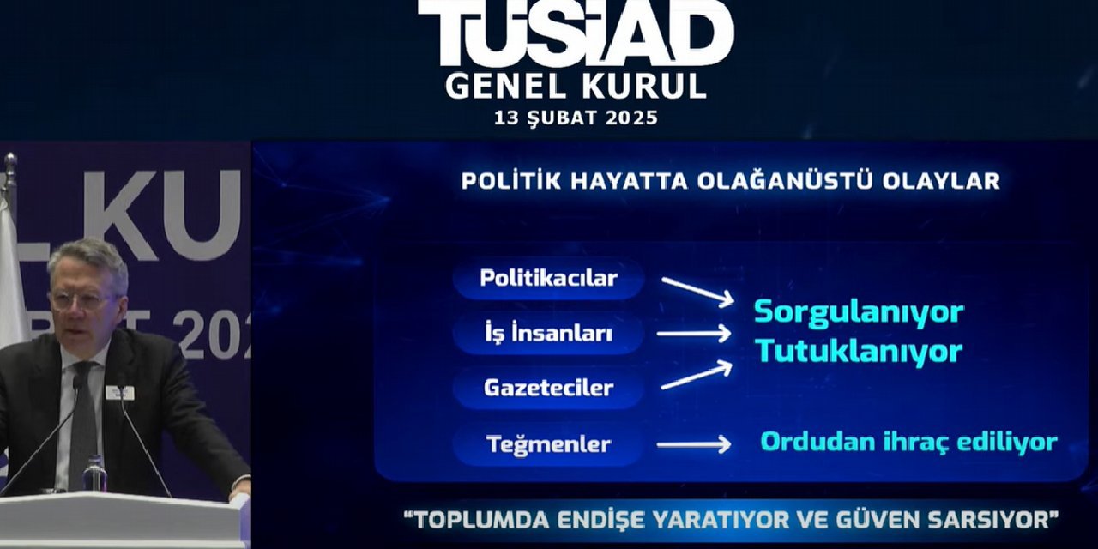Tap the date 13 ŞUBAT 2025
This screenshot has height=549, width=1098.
576,118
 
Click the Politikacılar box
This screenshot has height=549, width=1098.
549,279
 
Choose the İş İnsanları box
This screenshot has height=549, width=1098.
549,333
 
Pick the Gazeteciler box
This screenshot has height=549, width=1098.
549,388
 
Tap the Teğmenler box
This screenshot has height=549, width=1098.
549,444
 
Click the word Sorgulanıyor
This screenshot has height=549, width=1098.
859,312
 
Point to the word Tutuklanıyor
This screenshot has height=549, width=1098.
859,351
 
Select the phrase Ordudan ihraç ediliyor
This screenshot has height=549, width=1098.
908,443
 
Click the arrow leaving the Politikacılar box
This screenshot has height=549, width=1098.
697,290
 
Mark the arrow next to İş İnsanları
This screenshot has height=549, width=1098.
693,334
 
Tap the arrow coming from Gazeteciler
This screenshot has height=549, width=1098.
697,376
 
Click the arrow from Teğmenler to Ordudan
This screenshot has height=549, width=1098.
693,444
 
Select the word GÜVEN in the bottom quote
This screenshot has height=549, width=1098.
892,519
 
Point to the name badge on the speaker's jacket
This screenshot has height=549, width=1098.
119,393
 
